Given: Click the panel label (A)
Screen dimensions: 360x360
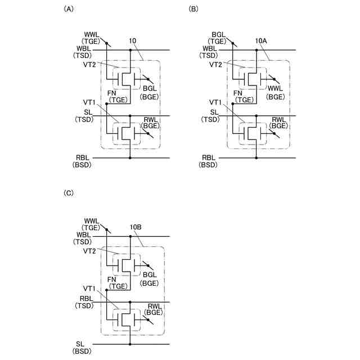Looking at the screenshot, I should tap(69, 9).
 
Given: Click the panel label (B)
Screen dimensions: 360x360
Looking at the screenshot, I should tap(194, 9).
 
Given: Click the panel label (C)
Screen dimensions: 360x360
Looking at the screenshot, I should tap(69, 193).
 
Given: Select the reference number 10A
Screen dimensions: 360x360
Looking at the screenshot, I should tap(261, 41).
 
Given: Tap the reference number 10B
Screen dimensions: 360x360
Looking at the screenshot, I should tap(135, 227).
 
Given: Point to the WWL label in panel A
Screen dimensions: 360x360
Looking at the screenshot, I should tap(91, 35).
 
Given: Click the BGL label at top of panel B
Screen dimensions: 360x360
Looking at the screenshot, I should tap(218, 35).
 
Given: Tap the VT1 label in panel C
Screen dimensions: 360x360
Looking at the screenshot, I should tap(89, 289).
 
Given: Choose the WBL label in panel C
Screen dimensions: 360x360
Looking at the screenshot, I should tap(83, 234).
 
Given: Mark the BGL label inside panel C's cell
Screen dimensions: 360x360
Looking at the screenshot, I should tap(150, 274).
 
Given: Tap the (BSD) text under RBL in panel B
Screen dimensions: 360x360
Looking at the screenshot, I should tap(208, 165).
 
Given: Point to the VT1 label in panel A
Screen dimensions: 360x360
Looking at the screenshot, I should tap(89, 103).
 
